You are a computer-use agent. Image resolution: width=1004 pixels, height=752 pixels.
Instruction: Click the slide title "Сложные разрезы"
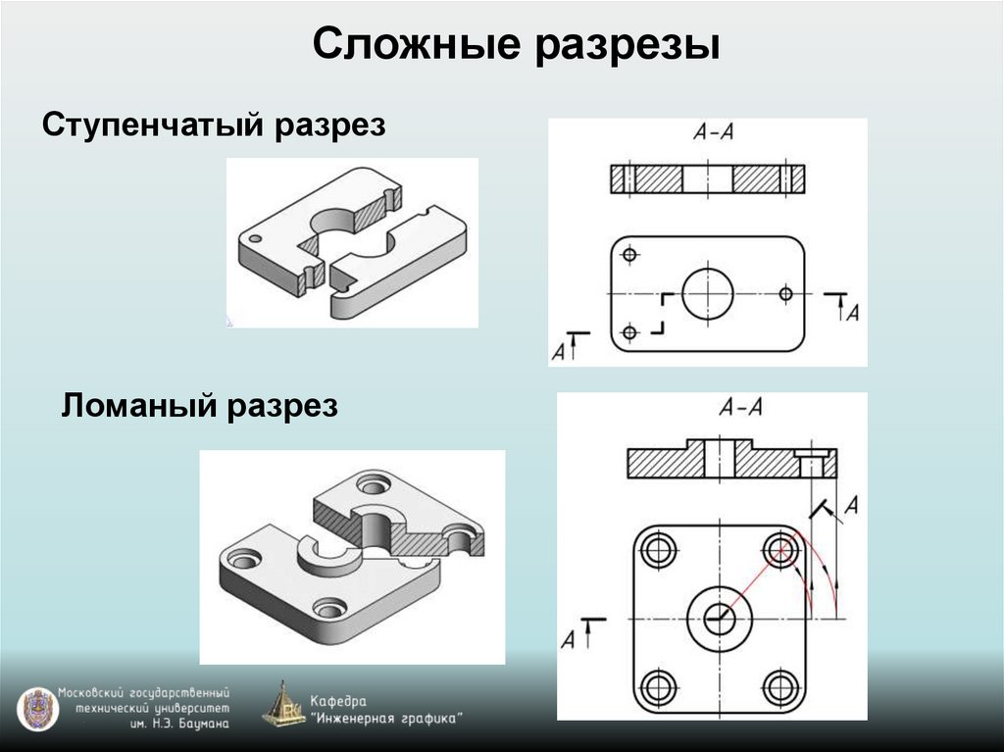[x=517, y=47]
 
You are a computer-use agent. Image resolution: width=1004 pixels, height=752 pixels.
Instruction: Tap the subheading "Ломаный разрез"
[x=200, y=404]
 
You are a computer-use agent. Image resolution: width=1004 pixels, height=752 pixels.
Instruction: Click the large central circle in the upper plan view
[x=708, y=293]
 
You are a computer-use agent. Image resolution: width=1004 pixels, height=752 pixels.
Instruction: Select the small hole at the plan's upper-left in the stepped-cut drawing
[x=629, y=255]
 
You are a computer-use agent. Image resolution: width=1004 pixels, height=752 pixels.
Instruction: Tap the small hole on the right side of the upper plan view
[x=785, y=292]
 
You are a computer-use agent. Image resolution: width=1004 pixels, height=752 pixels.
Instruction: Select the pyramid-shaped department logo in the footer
[x=284, y=704]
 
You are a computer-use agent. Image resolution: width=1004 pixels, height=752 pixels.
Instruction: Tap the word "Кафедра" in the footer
[x=338, y=701]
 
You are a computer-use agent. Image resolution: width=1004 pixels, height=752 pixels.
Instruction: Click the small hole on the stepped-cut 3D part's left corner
[x=254, y=238]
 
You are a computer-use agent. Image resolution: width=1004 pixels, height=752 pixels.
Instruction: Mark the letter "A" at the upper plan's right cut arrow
[x=853, y=313]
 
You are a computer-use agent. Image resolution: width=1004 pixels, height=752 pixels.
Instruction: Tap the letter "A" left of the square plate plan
[x=568, y=639]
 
